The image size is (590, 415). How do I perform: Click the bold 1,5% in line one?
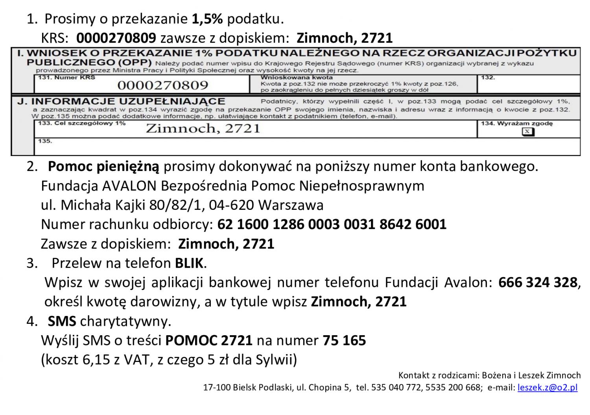(x=208, y=18)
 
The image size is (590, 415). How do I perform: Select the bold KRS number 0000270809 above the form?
(x=116, y=38)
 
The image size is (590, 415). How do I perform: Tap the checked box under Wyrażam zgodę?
(x=528, y=132)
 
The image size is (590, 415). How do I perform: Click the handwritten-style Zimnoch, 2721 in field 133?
(x=203, y=129)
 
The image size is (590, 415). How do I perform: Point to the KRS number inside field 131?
(x=162, y=85)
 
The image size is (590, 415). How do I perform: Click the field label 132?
(x=488, y=78)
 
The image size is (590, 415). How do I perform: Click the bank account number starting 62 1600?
(x=332, y=224)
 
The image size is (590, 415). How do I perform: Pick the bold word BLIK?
(x=189, y=263)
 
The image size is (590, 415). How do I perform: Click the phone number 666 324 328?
(x=537, y=282)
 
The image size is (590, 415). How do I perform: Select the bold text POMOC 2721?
(x=208, y=340)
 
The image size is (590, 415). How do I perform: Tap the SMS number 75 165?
(x=344, y=340)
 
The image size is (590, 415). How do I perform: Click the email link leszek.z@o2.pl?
(x=548, y=387)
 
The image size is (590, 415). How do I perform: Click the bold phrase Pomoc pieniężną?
(x=103, y=167)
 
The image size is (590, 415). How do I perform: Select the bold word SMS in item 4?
(x=62, y=321)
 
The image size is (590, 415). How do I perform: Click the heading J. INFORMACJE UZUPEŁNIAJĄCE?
(x=121, y=101)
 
